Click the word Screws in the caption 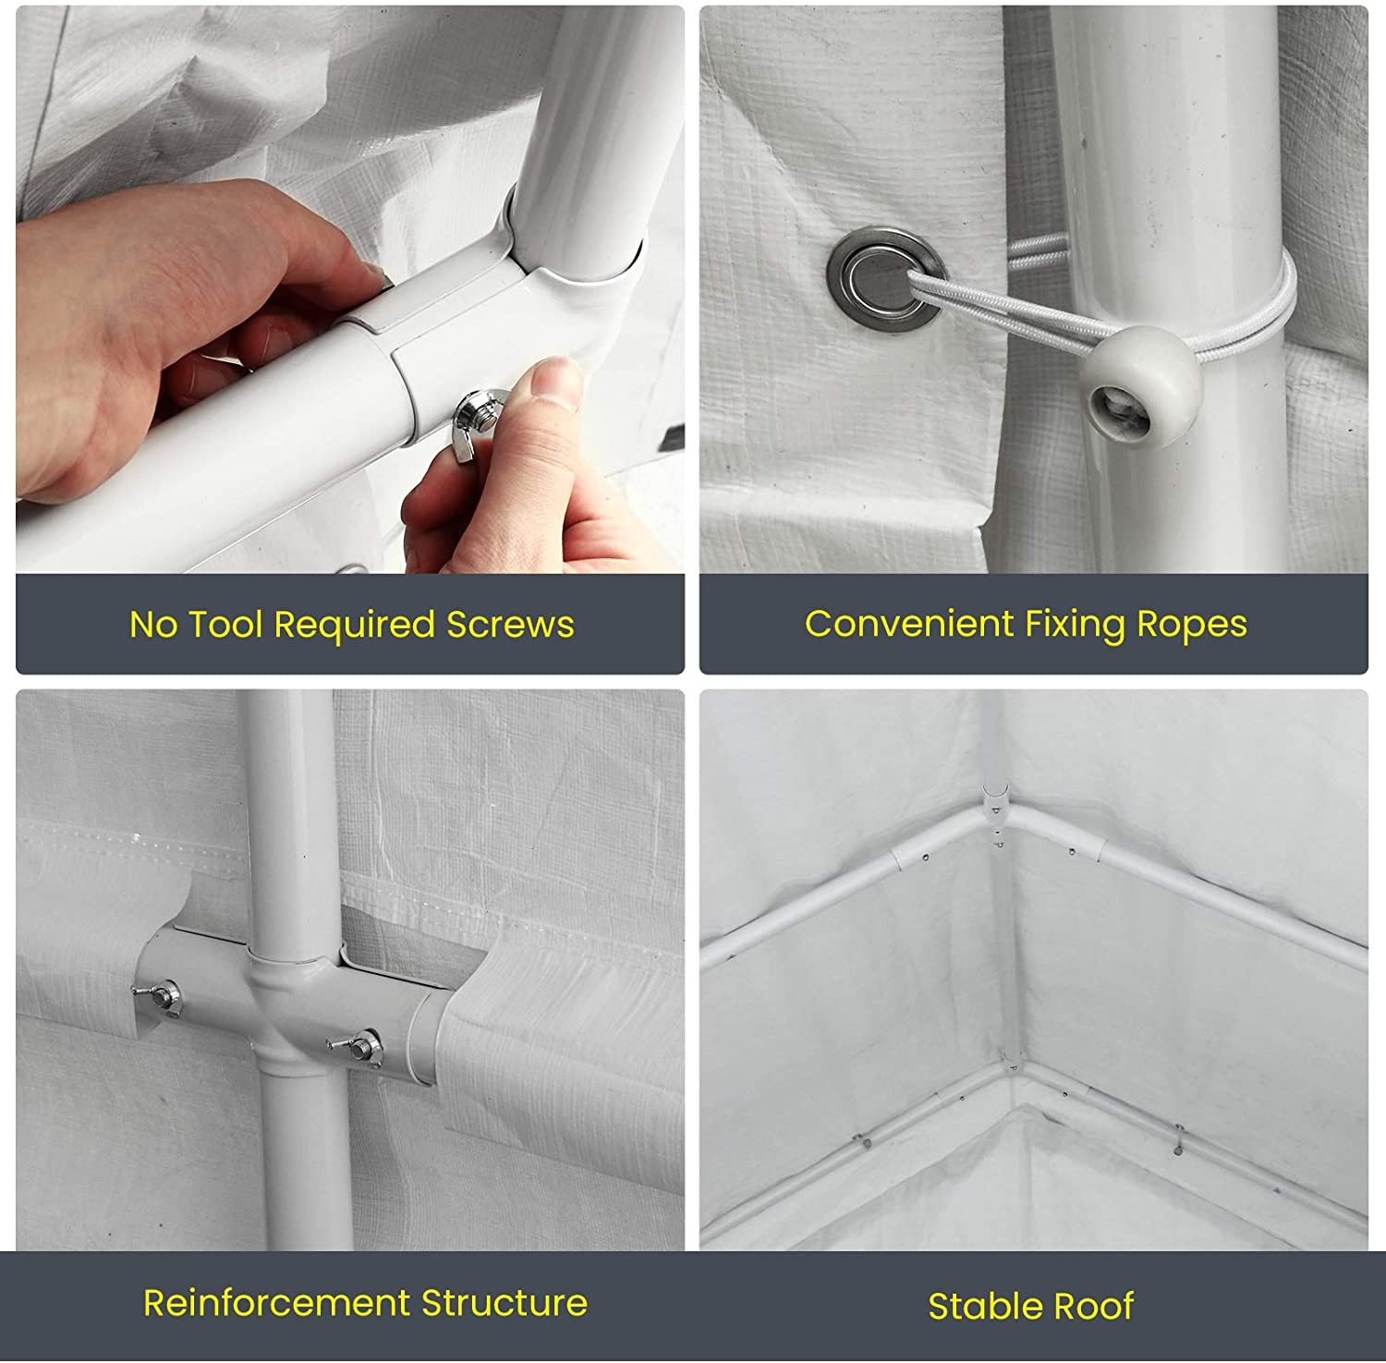510,625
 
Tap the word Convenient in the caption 909,624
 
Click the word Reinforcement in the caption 276,1303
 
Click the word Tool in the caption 225,625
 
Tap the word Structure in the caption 505,1303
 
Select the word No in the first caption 153,625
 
